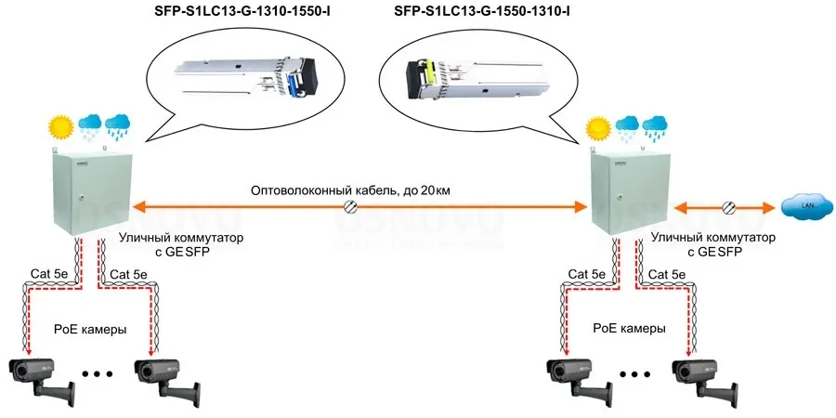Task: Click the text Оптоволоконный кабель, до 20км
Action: pyautogui.click(x=351, y=191)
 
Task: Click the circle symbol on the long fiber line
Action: pyautogui.click(x=351, y=206)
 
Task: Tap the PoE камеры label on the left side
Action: pyautogui.click(x=85, y=329)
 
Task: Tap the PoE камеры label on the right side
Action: pyautogui.click(x=629, y=329)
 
